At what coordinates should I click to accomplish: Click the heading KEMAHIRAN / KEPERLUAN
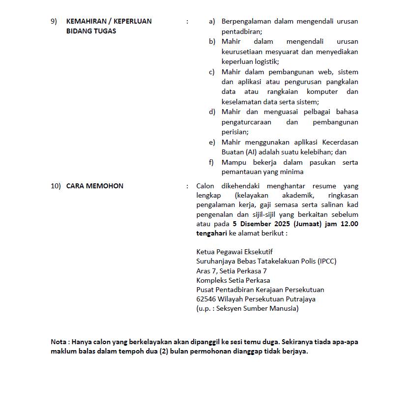click(x=109, y=21)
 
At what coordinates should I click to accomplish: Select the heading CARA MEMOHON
click(x=95, y=186)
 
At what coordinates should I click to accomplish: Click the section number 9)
click(x=54, y=21)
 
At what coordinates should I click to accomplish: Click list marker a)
click(x=212, y=21)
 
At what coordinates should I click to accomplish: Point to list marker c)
click(x=212, y=72)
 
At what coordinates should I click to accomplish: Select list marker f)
click(x=211, y=162)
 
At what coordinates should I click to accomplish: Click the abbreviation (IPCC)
click(x=327, y=261)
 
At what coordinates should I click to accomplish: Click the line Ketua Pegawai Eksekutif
click(x=234, y=252)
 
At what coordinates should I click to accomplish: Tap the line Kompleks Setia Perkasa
click(x=233, y=280)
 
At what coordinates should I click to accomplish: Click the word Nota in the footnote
click(x=59, y=342)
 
